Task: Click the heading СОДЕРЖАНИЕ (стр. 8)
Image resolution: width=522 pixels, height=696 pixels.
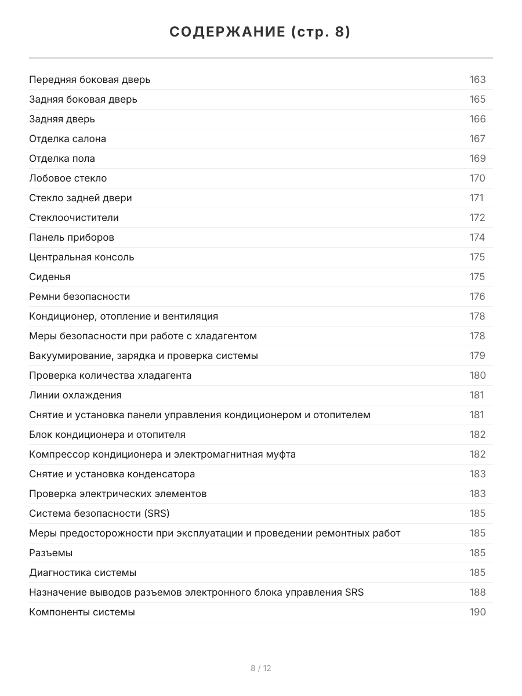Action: pos(260,32)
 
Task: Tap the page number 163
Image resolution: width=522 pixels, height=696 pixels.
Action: pos(477,79)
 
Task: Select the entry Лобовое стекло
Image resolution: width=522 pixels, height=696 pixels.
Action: pos(68,178)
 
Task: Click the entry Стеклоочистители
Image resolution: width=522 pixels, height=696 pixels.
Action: pos(74,217)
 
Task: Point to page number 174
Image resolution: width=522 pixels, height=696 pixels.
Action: pos(477,237)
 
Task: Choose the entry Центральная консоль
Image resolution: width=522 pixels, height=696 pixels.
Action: pos(82,257)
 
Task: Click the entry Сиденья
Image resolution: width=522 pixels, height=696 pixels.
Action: pos(50,277)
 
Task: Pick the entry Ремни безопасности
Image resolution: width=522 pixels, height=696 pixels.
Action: pos(79,296)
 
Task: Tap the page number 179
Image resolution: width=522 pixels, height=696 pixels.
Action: pos(477,356)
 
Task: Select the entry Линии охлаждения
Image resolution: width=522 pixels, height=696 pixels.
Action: pos(75,395)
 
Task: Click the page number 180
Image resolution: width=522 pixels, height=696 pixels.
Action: pos(477,375)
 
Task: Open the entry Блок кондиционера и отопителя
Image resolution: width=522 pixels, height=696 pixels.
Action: pos(107,434)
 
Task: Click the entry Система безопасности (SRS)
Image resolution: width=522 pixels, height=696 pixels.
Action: pos(99,513)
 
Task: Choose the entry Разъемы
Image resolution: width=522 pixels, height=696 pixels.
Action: pos(51,553)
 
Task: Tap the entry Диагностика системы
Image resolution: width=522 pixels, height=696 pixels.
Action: pos(83,572)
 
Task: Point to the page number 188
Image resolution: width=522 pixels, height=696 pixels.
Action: pos(477,592)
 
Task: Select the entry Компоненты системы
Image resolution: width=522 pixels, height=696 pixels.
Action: pos(82,612)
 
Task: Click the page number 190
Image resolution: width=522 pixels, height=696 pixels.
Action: pos(477,612)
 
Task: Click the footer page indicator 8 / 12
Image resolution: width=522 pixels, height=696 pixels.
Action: pos(261,668)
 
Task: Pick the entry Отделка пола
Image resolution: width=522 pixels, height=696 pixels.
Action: pos(62,158)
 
